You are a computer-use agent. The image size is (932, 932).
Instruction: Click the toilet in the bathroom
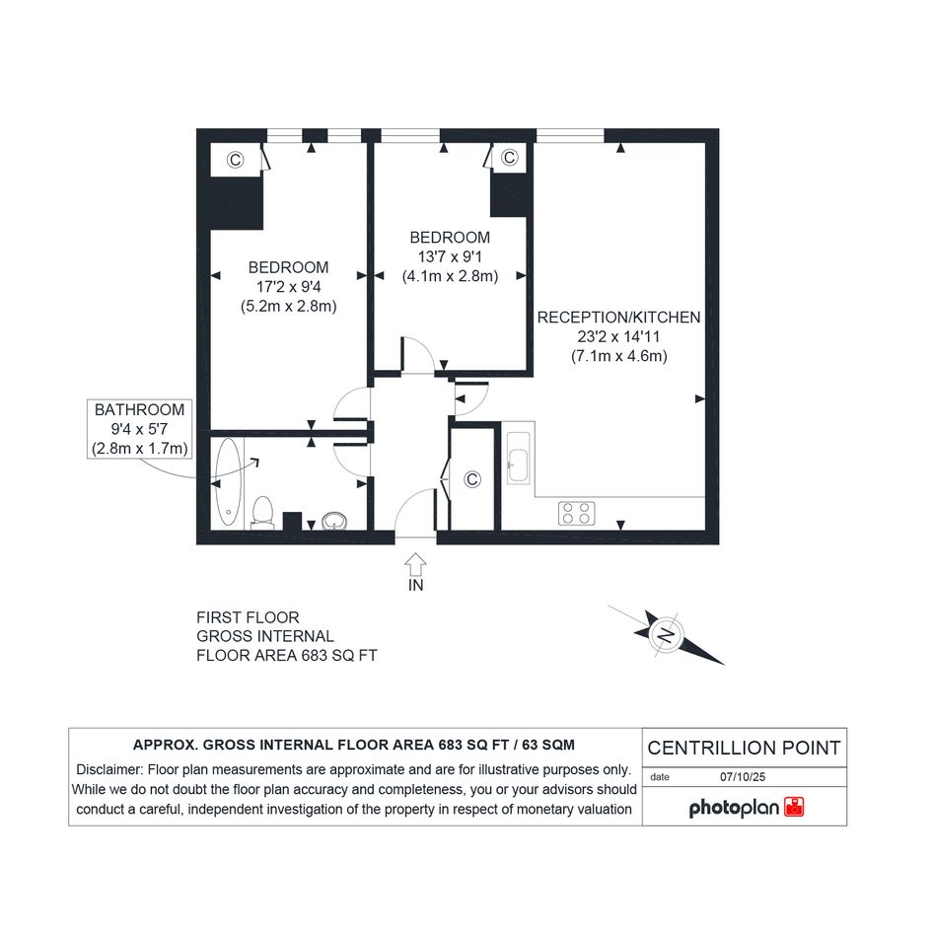[262, 513]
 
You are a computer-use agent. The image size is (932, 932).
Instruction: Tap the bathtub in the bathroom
[228, 483]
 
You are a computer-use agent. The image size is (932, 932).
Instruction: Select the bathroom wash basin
[334, 522]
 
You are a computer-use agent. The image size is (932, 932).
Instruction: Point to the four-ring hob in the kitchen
[577, 514]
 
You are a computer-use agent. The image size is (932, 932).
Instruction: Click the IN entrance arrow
[415, 565]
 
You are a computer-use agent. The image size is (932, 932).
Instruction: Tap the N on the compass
[667, 635]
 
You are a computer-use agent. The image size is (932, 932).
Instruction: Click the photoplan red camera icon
[794, 807]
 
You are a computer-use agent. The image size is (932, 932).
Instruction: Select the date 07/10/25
[743, 777]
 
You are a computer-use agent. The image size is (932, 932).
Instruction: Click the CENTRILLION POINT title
[745, 748]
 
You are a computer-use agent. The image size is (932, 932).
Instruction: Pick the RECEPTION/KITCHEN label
[618, 318]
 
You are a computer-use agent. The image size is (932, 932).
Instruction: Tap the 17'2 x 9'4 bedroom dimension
[288, 287]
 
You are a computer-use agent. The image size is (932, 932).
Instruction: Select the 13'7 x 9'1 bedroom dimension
[450, 256]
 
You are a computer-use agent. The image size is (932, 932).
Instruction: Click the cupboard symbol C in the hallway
[472, 479]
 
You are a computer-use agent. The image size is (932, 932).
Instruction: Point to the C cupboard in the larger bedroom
[236, 160]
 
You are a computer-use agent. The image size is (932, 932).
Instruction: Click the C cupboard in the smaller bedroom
[509, 158]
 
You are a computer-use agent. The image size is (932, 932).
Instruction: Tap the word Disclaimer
[109, 769]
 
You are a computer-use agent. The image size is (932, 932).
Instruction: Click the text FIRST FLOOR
[248, 617]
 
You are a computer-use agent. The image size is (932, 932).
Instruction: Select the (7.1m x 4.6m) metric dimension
[619, 356]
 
